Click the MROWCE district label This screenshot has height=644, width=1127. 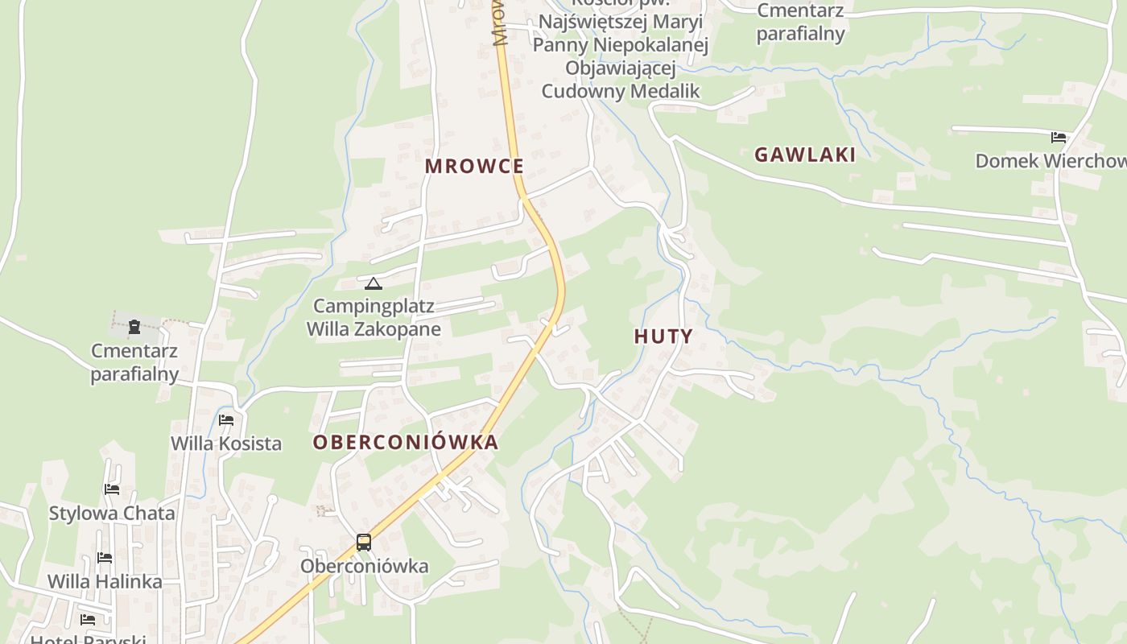(474, 167)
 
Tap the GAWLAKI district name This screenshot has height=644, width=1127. (804, 155)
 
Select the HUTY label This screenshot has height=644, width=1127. (663, 336)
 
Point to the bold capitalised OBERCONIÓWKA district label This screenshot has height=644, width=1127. (406, 442)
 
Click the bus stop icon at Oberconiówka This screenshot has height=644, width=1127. (364, 543)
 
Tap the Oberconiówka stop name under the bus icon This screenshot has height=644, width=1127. (364, 566)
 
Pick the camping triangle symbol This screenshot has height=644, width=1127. (373, 283)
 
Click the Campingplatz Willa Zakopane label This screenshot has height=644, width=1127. (374, 317)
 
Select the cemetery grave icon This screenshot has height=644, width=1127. (134, 327)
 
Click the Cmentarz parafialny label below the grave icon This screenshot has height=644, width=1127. (134, 362)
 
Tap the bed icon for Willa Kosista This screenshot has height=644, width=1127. (226, 420)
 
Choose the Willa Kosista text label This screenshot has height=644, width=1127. (226, 444)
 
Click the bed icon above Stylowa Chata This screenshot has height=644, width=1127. (112, 489)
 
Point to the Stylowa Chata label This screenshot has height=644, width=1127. (112, 513)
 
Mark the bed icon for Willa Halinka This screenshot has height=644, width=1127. (105, 557)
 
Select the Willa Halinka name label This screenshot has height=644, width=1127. (105, 581)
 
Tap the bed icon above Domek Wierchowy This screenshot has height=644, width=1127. (1059, 138)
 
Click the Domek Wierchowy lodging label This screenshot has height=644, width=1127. (1051, 161)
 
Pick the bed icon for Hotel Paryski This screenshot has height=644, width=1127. (88, 620)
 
